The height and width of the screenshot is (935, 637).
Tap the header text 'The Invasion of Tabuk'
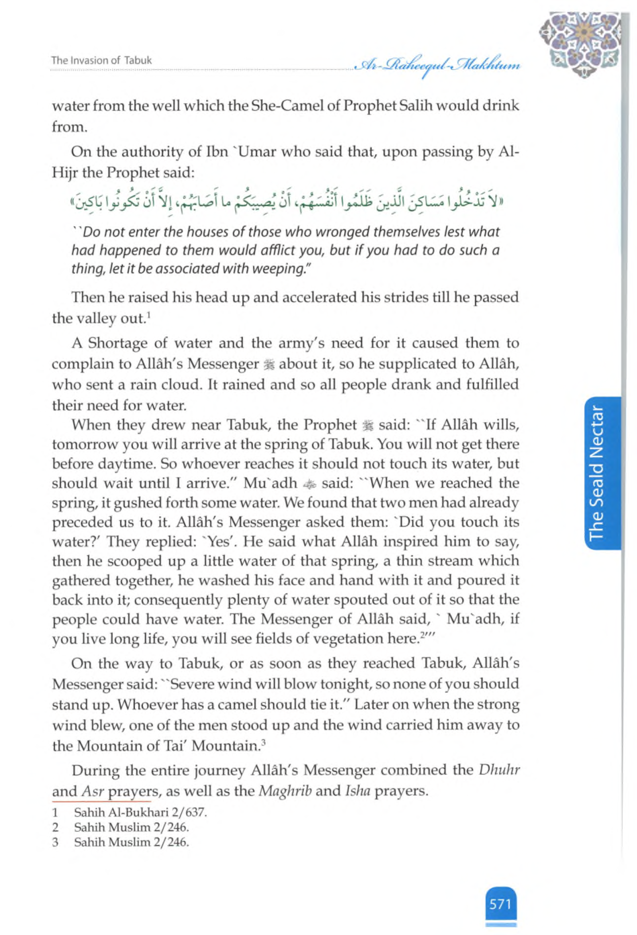point(101,60)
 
